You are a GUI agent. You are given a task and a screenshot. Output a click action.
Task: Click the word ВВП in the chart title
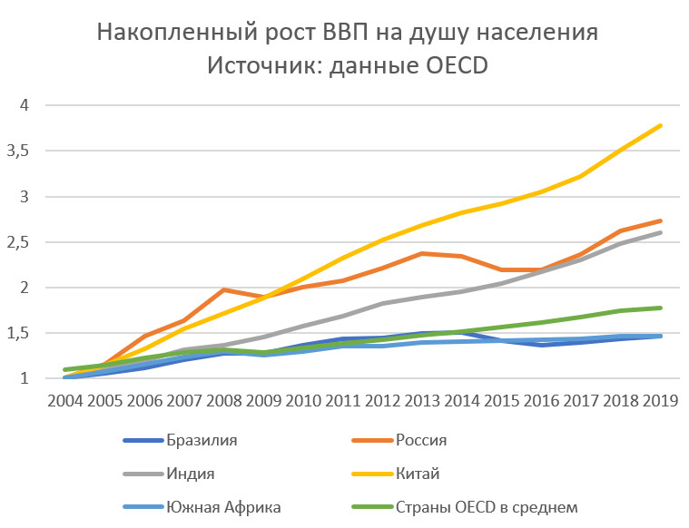[x=344, y=34]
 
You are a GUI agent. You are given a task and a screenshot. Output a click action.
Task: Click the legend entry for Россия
[x=421, y=441]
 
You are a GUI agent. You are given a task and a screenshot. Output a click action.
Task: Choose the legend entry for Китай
[x=417, y=473]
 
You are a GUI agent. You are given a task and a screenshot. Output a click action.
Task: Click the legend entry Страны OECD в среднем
[x=487, y=505]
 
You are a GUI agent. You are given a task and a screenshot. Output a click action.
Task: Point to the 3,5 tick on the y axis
[x=18, y=151]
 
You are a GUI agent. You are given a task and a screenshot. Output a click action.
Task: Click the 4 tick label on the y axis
[x=25, y=105]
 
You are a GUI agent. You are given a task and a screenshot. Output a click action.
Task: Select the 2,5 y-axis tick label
[x=18, y=242]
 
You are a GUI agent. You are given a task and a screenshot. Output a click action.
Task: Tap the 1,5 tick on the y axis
[x=18, y=333]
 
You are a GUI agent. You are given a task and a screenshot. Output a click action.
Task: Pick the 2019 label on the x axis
[x=660, y=400]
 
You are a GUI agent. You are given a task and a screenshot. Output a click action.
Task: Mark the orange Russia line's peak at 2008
[x=222, y=289]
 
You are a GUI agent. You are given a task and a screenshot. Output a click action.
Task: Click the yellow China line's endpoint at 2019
[x=660, y=125]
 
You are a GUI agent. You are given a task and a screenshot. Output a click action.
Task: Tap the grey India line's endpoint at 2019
[x=660, y=232]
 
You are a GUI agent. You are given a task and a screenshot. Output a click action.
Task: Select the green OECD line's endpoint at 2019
[x=660, y=308]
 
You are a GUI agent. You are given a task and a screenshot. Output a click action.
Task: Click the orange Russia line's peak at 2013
[x=421, y=253]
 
